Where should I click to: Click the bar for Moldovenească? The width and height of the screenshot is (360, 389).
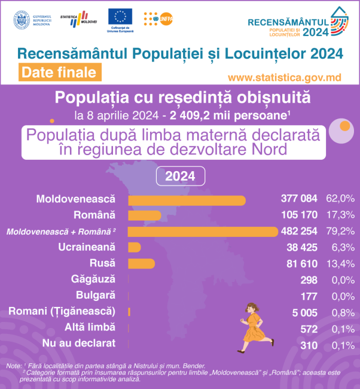coord(187,200)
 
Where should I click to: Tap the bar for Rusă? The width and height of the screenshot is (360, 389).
coord(141,263)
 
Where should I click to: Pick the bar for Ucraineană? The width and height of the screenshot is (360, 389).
coord(135,247)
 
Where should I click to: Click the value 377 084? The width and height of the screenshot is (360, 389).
coord(300,199)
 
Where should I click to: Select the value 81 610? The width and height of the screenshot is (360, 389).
coord(303,263)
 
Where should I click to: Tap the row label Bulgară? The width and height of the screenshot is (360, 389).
coord(96,295)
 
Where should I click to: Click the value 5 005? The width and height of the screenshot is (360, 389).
coord(306,311)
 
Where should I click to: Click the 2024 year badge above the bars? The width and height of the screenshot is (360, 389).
coord(180,177)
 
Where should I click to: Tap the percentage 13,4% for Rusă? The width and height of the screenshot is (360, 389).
coord(340,263)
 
